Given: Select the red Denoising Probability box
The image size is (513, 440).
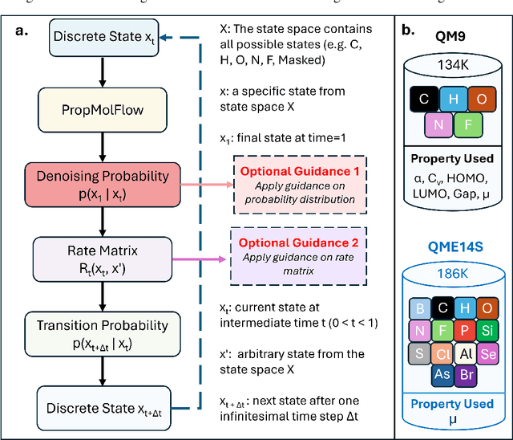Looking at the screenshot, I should tap(107, 184).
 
